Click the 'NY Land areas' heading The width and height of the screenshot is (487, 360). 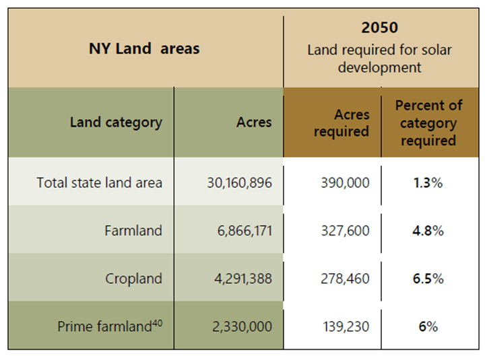[x=144, y=48]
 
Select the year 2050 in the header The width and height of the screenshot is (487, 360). [x=379, y=28]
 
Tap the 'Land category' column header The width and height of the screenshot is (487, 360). [x=116, y=122]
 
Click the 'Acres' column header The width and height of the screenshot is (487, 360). [x=254, y=122]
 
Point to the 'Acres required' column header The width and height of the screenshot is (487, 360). [x=342, y=123]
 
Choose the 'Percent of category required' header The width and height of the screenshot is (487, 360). [x=428, y=123]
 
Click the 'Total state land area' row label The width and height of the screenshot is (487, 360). [x=99, y=182]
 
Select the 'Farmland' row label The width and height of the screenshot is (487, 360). [x=133, y=231]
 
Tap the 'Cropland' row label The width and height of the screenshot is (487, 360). [x=133, y=279]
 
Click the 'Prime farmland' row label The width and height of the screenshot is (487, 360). [x=104, y=327]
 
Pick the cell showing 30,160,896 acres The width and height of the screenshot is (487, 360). [x=239, y=182]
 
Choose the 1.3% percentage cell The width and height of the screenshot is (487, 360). [x=428, y=182]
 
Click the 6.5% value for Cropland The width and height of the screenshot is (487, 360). [x=428, y=279]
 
